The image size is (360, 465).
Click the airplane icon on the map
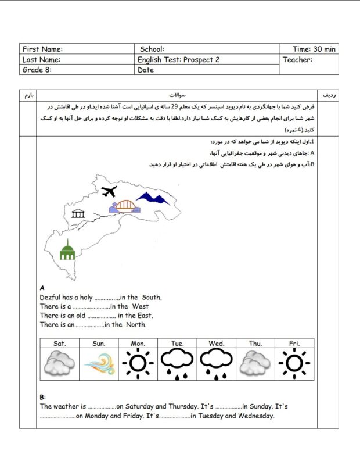[108, 192]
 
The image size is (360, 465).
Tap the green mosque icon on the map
[67, 251]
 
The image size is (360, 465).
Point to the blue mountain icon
[153, 199]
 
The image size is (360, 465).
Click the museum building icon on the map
[78, 214]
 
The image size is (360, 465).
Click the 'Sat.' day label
[59, 344]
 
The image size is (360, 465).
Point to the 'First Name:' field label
[42, 49]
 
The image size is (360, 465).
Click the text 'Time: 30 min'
[314, 49]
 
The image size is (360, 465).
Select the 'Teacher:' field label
[297, 59]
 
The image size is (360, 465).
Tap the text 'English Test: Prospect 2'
[178, 59]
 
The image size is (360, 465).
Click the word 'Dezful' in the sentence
[51, 298]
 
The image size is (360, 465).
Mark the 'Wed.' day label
[216, 344]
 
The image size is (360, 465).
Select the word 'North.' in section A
[136, 325]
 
